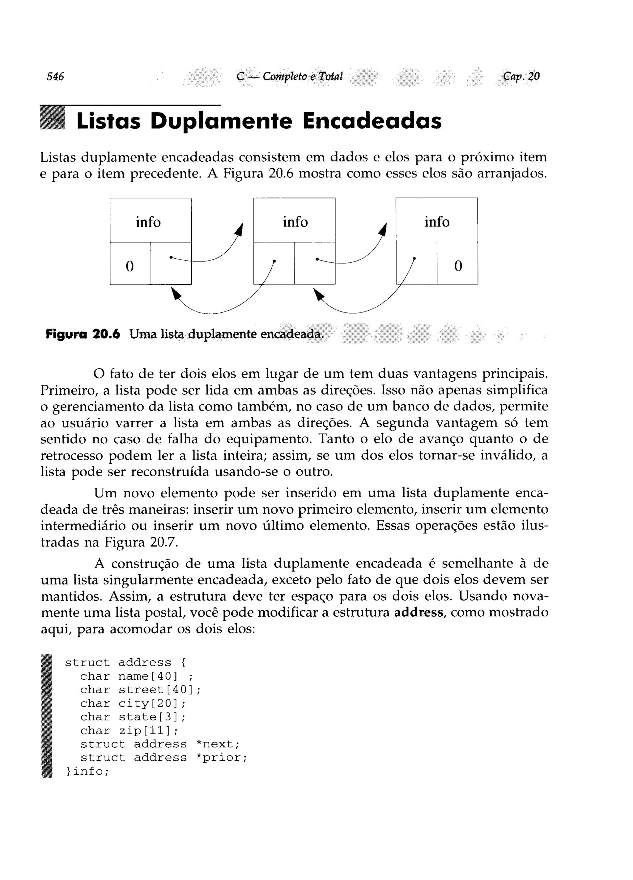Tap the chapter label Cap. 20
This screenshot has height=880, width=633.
pos(521,76)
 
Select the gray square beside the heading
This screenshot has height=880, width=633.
pos(53,119)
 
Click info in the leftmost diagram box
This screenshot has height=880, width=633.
pos(148,222)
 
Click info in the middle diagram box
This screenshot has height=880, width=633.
pos(295,222)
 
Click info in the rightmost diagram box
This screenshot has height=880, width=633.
pos(437,222)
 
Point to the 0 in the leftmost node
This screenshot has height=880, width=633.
pos(130,266)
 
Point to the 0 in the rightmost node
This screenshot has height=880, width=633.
pos(458,266)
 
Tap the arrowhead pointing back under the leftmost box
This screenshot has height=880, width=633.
pos(176,293)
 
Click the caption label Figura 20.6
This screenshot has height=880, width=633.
pos(83,334)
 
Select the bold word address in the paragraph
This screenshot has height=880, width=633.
pos(418,612)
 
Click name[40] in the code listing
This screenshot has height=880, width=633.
pos(148,676)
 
